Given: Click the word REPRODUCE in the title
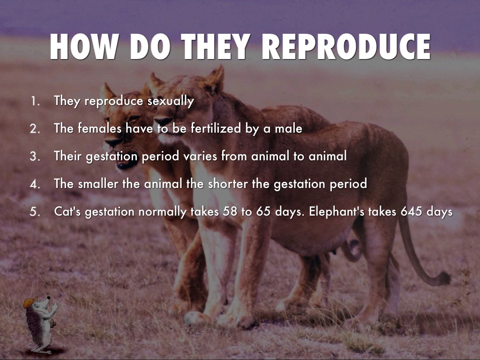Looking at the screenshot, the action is pos(346,46).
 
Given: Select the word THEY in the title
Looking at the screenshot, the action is pos(216,46).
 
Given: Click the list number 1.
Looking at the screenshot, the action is pos(35,101).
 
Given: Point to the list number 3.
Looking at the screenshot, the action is pos(35,157).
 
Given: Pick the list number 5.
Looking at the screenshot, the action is pos(35,212).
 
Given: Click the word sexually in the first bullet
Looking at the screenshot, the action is pos(171,101).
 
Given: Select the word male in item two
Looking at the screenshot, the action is pos(288,128).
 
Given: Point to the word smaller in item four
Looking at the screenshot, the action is pos(98,184).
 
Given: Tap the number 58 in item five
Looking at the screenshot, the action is pos(230,211).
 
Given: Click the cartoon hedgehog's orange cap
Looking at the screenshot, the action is pos(30,302).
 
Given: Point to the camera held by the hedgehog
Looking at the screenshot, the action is pos(52,323).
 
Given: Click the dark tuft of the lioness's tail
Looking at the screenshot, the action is pos(442,278).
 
